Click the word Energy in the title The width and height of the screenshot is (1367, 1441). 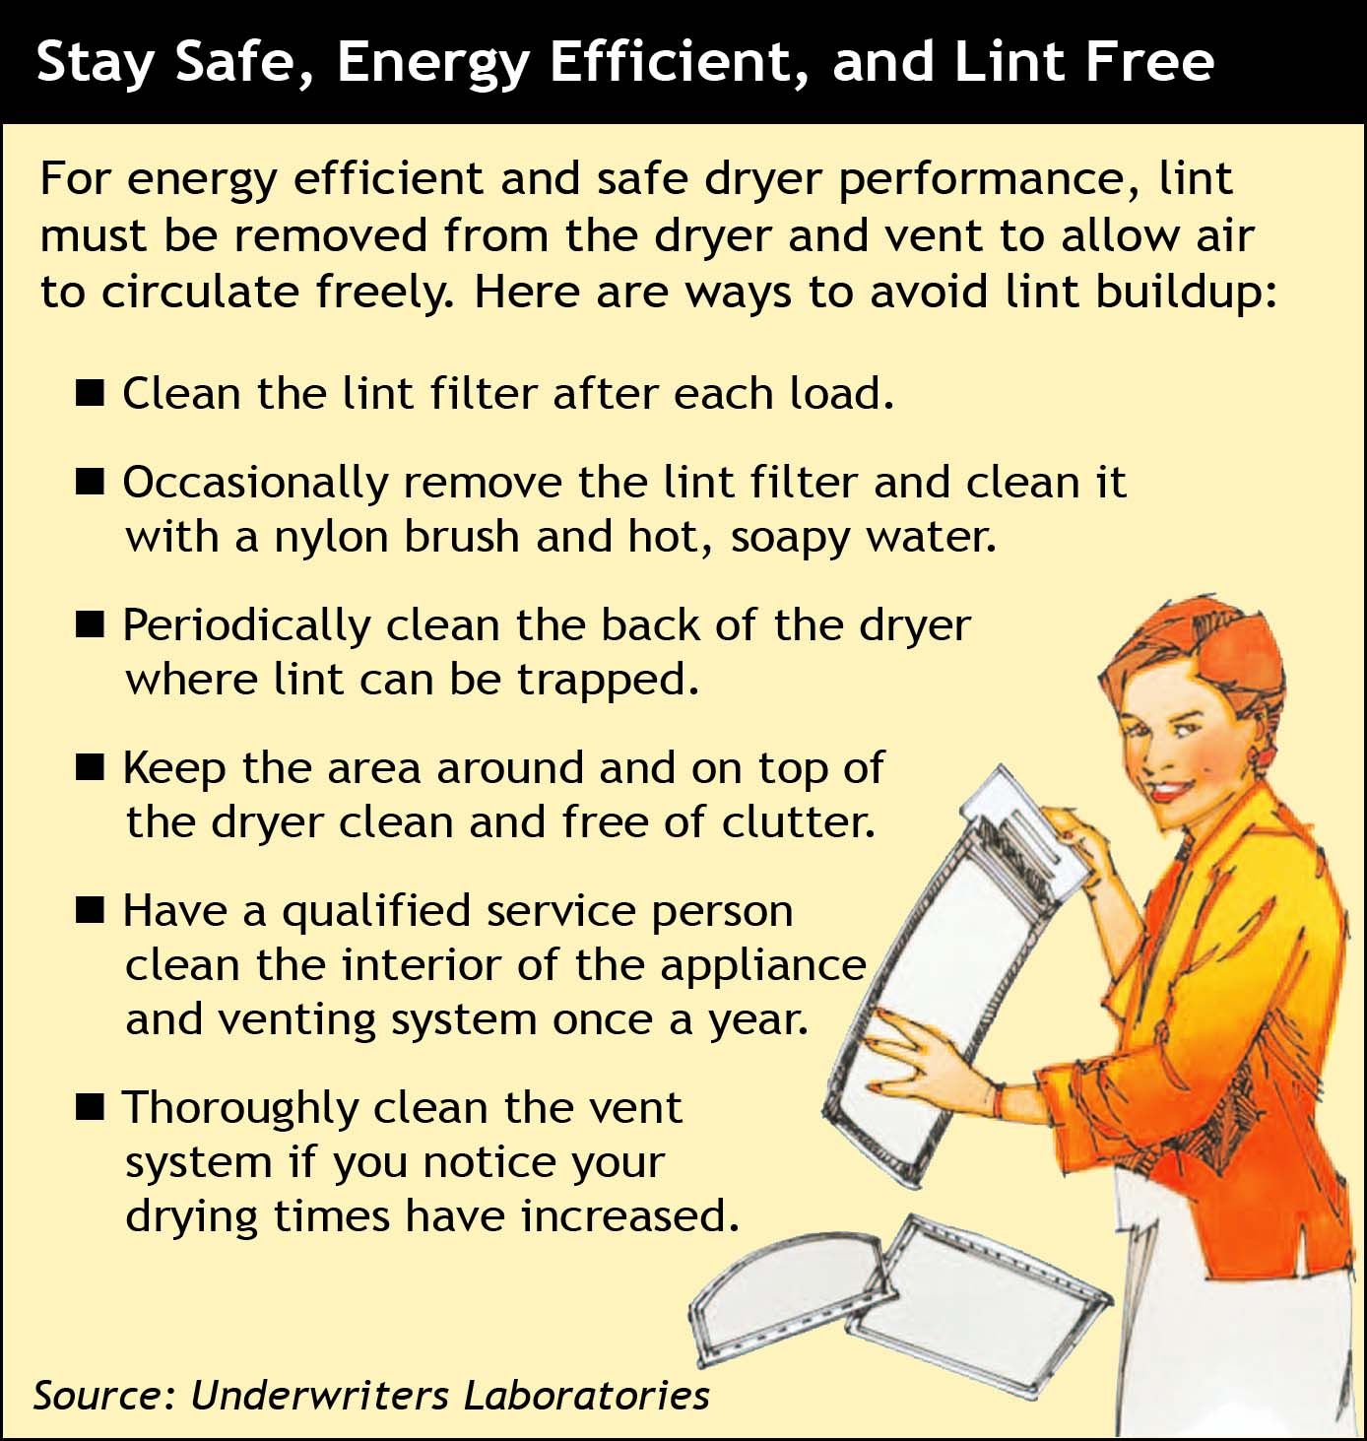tap(432, 64)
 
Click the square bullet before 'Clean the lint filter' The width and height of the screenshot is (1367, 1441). tap(90, 394)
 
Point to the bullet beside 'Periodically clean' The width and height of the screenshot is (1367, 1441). tap(90, 625)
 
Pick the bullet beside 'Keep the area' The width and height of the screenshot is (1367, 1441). tap(90, 767)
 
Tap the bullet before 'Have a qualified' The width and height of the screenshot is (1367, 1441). tap(90, 910)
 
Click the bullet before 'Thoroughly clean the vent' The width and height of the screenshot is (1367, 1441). tap(90, 1107)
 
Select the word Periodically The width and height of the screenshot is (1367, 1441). tap(247, 627)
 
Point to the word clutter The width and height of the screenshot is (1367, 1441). tap(799, 822)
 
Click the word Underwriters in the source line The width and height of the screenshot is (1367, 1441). tap(319, 1395)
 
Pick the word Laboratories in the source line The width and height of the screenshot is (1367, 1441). tap(586, 1395)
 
